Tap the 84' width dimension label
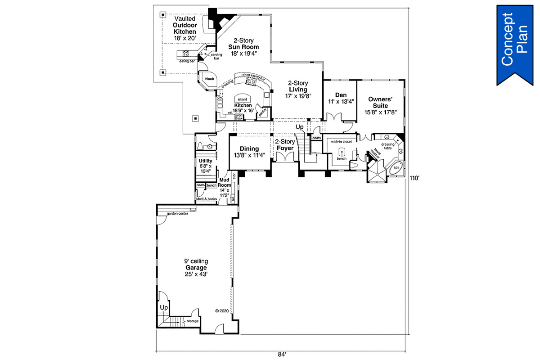282,354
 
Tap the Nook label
209,79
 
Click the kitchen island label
242,99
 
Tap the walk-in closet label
342,142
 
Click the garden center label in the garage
177,213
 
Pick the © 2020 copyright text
222,310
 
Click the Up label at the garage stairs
164,307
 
